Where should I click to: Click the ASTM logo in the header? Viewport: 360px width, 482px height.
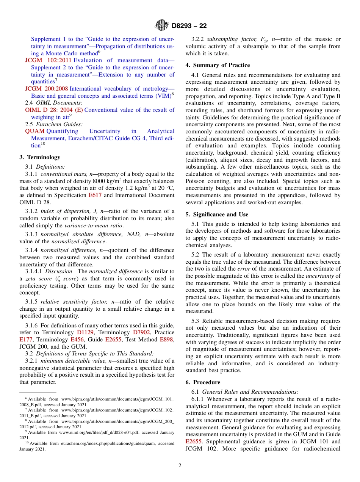pyautogui.click(x=162, y=26)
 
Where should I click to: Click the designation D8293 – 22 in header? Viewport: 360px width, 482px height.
pyautogui.click(x=189, y=26)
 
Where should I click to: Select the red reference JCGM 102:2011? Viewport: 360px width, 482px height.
pyautogui.click(x=49, y=60)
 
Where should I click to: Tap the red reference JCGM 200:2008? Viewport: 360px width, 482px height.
pyautogui.click(x=47, y=89)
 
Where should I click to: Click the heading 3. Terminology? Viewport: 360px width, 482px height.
pyautogui.click(x=40, y=157)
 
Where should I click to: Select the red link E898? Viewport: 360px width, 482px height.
pyautogui.click(x=167, y=340)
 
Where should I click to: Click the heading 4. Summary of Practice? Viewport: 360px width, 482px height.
pyautogui.click(x=218, y=65)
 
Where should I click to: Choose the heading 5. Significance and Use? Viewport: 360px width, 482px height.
pyautogui.click(x=217, y=214)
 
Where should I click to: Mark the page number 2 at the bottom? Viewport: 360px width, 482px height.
pyautogui.click(x=180, y=465)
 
